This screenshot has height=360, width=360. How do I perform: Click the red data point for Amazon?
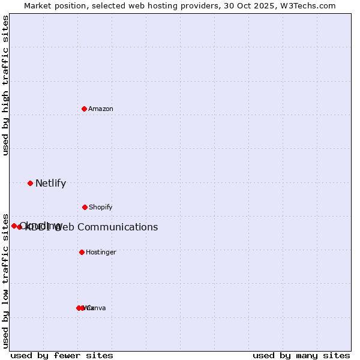click(x=85, y=109)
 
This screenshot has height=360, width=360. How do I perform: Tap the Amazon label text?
click(x=101, y=109)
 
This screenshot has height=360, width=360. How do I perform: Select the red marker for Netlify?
click(x=30, y=183)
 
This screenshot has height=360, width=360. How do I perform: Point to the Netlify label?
click(x=50, y=184)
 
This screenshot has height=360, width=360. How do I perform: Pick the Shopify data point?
click(x=85, y=207)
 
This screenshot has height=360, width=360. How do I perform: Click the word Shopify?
click(x=101, y=208)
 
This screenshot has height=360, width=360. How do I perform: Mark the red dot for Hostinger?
click(x=82, y=252)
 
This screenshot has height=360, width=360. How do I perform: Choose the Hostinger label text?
click(x=101, y=253)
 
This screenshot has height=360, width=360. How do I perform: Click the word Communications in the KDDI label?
click(x=118, y=227)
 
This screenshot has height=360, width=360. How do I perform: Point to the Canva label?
click(x=97, y=308)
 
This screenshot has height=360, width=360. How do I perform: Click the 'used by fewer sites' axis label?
click(x=62, y=356)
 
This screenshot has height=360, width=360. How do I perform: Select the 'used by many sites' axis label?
click(x=301, y=356)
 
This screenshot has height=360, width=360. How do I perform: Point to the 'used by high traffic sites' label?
click(x=6, y=86)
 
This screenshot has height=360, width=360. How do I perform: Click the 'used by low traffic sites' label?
click(x=6, y=280)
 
